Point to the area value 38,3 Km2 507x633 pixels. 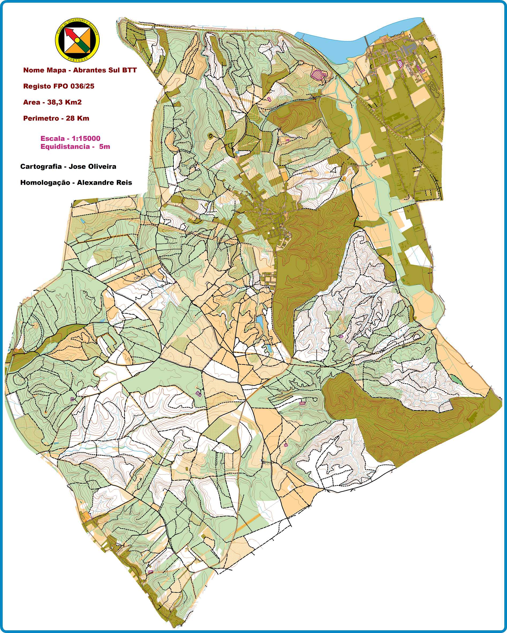[x=64, y=103]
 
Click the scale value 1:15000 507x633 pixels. [x=86, y=139]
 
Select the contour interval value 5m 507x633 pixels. [x=104, y=146]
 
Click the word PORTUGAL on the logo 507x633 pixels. [x=78, y=59]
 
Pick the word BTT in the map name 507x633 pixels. [x=130, y=70]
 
